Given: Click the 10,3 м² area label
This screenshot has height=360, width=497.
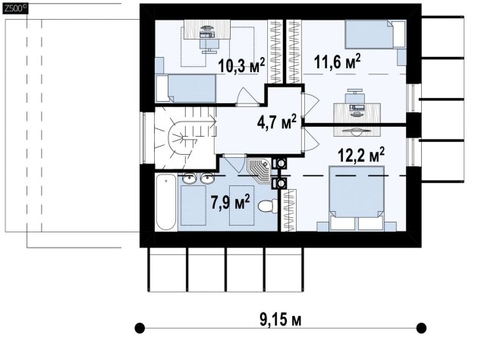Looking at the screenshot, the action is point(241,65).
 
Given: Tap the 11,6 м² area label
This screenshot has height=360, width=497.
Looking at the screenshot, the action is point(337,62).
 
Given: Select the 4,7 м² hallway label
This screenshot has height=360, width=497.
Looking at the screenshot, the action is point(277,122).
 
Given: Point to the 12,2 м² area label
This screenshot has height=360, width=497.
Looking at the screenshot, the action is point(361,154).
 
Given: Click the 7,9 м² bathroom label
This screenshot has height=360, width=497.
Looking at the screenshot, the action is point(230,202).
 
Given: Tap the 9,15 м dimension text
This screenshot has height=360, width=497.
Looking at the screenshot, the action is point(281,319).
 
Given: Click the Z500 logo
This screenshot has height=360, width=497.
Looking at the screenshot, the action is point(15,8).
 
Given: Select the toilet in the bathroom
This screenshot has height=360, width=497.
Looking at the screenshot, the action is point(268,207).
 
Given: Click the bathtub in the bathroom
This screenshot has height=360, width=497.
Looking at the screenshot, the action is point(166,202).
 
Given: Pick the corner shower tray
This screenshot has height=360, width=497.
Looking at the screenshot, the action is point(260,169).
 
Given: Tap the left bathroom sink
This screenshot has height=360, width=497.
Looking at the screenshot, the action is point(190,178).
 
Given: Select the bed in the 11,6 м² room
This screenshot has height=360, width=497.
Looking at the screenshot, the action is point(376,34).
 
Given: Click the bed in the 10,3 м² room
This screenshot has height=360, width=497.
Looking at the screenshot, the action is point(185,89).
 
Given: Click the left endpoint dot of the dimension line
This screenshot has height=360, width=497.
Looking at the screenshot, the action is point(140,328).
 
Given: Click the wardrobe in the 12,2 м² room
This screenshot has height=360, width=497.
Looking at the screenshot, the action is point(289,210).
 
